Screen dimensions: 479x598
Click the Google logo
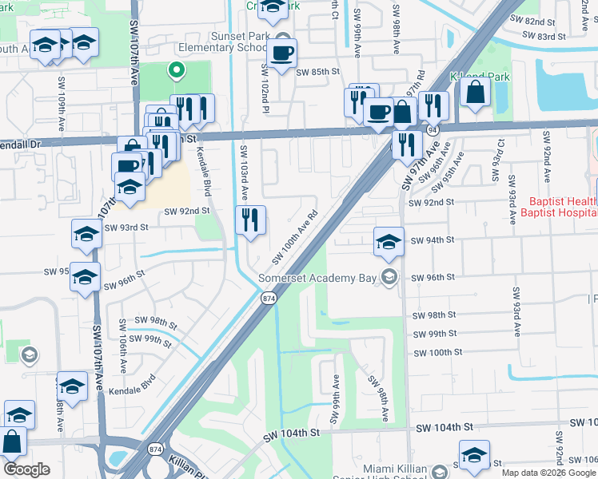26,469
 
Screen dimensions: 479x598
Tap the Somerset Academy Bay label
318,278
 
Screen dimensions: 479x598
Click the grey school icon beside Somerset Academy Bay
389,277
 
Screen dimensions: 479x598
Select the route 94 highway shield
432,129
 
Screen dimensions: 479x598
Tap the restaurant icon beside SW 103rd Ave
250,220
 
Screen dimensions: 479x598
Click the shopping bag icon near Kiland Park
475,92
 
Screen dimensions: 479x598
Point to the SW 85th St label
318,72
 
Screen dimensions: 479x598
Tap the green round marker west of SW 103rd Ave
174,69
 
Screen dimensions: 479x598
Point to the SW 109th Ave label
62,103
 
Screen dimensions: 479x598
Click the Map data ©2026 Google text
549,473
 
